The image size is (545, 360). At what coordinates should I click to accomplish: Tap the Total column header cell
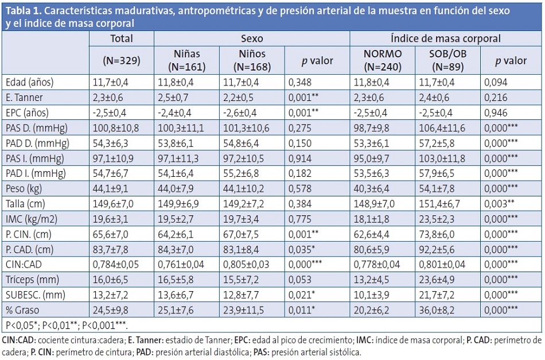(x=121, y=39)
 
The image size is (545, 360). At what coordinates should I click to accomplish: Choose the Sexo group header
(x=252, y=39)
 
